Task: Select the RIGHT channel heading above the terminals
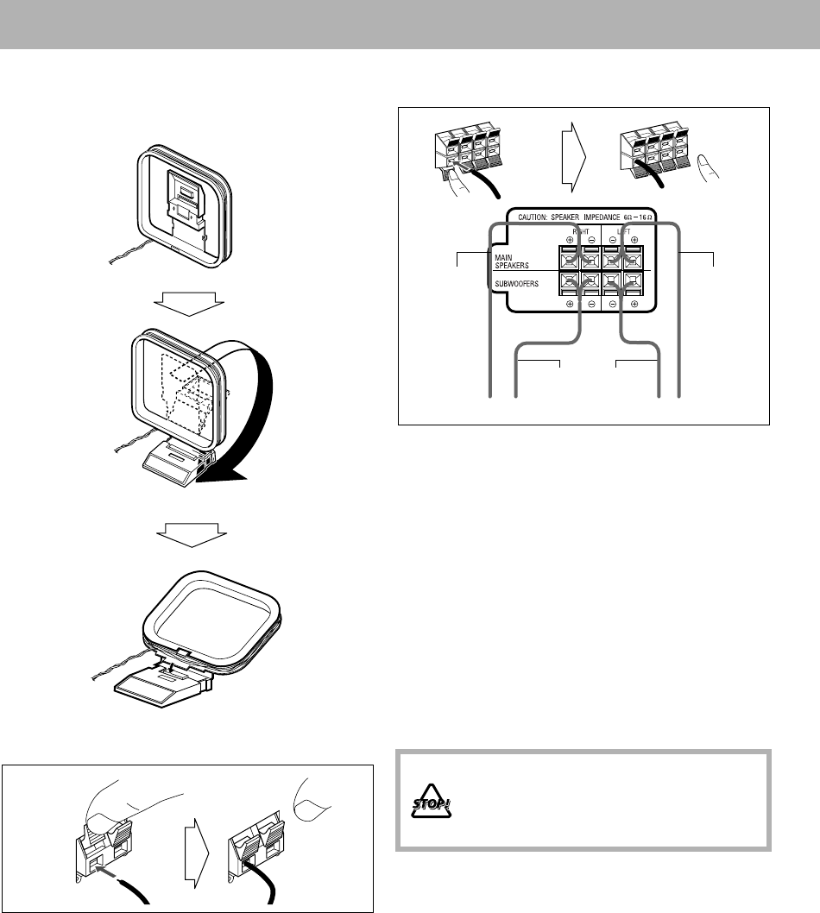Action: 580,232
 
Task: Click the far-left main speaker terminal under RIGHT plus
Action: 569,259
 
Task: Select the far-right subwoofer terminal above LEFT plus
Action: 634,281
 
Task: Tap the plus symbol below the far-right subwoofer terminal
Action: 634,305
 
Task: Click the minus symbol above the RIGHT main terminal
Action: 590,242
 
